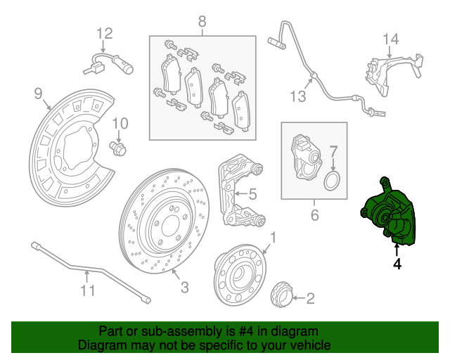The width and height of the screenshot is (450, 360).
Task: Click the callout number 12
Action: (x=104, y=33)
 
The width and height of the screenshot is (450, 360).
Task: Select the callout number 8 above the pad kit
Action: (x=202, y=20)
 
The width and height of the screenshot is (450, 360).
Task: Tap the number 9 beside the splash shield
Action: (x=39, y=92)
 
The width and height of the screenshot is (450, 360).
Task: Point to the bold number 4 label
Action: (x=397, y=264)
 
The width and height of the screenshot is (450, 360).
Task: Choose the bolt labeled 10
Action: (x=119, y=148)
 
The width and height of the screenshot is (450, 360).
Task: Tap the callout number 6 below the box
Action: (x=314, y=214)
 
